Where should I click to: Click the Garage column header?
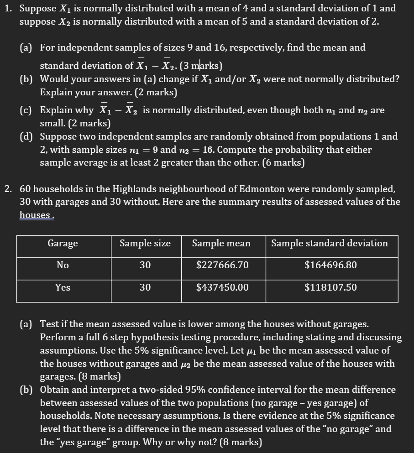tap(63, 244)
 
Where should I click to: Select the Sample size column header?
tap(145, 244)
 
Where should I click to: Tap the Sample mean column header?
tap(221, 244)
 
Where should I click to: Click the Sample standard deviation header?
tap(330, 244)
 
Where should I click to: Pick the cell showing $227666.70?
tap(222, 265)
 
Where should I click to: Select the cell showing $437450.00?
tap(222, 287)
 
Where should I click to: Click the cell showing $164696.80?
tap(330, 265)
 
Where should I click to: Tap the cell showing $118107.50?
tap(330, 287)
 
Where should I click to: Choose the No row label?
tap(63, 265)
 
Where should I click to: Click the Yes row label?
tap(63, 287)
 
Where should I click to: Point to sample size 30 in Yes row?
tap(145, 287)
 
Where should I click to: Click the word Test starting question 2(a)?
tap(49, 324)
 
